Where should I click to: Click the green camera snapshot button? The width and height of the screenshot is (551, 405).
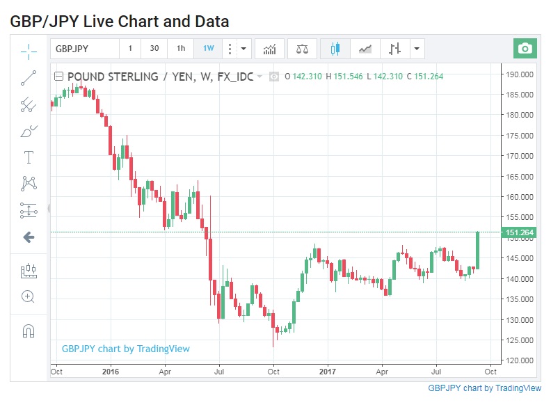[x=525, y=49]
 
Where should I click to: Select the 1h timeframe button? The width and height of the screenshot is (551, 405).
[x=181, y=49]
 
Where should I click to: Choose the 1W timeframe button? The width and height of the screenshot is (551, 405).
[x=209, y=49]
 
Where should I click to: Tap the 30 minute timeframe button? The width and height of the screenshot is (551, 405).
[x=154, y=49]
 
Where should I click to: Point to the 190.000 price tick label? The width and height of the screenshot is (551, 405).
[x=519, y=74]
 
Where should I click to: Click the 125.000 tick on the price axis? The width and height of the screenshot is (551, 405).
[x=519, y=340]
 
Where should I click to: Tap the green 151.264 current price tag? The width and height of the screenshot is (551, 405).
[x=519, y=232]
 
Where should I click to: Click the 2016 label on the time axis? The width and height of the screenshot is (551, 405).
[x=110, y=371]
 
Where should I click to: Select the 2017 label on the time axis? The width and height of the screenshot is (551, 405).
[x=327, y=371]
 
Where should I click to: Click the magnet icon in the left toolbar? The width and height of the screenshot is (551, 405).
[x=29, y=331]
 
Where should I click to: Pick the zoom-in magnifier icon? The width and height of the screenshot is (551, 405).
[x=29, y=296]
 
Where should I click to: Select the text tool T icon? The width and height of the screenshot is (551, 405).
[x=29, y=157]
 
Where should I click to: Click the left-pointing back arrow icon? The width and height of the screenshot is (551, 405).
[x=29, y=237]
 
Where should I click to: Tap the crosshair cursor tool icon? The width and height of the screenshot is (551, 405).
[x=29, y=50]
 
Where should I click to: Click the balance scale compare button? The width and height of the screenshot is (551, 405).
[x=302, y=49]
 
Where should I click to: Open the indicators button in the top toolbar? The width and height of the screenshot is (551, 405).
[x=269, y=49]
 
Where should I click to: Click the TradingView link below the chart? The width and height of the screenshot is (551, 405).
[x=484, y=388]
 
